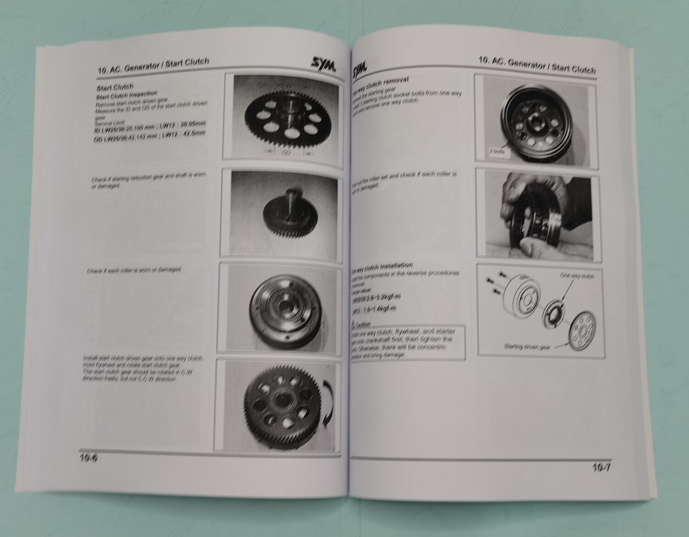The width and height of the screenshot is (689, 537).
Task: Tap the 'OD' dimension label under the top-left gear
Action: coord(287,153)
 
